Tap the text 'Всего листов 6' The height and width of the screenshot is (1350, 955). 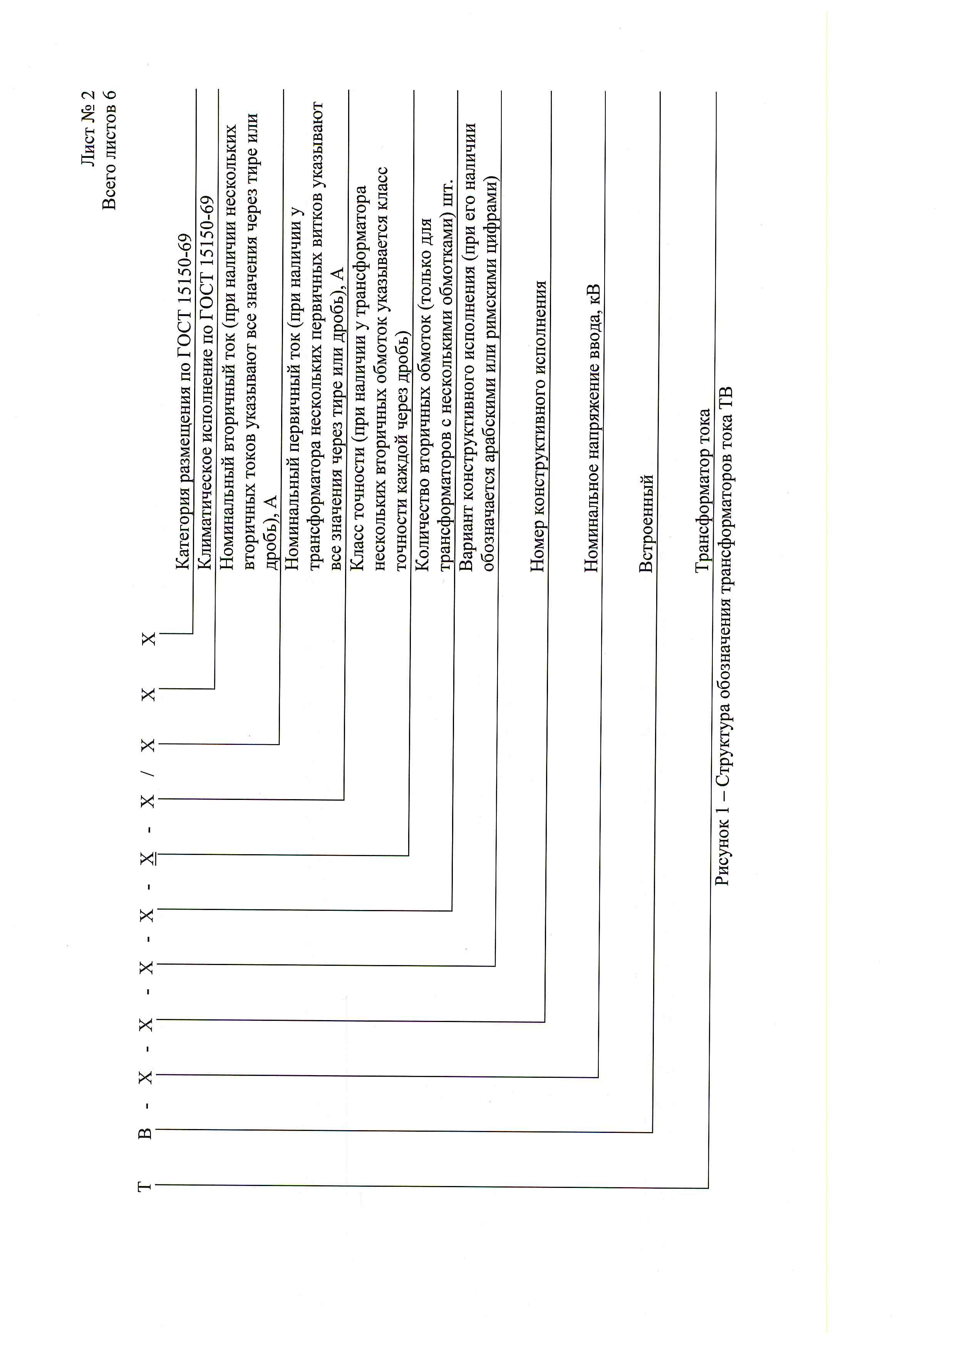(109, 150)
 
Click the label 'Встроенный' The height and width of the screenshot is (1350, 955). (646, 523)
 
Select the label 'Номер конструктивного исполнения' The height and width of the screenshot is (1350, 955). (538, 426)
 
